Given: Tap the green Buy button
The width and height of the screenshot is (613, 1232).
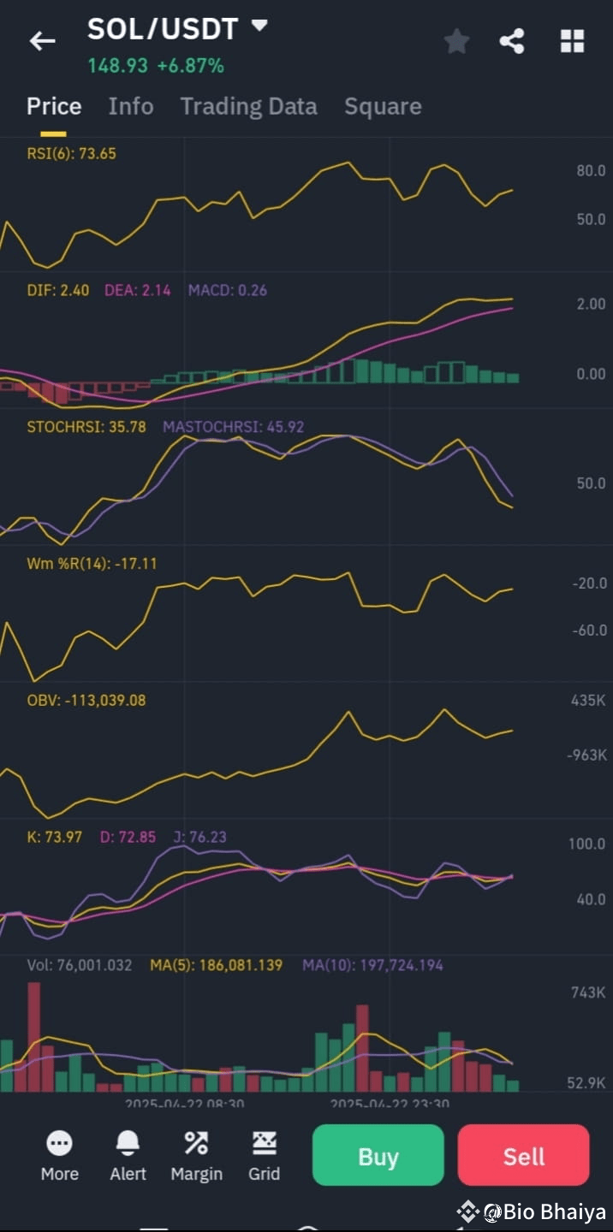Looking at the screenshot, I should tap(378, 1156).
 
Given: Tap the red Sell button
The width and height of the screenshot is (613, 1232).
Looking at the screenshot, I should tap(523, 1156).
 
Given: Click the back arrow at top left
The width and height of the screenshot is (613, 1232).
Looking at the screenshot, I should tap(42, 40).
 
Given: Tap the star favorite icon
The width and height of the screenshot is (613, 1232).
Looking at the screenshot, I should tap(456, 41).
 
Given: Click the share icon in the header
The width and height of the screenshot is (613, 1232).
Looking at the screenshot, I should tap(512, 41).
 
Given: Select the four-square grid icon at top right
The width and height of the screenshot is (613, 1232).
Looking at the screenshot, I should tap(572, 41).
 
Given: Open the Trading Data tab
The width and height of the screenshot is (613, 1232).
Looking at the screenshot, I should tap(248, 106).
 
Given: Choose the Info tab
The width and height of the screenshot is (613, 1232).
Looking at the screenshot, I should tap(130, 106).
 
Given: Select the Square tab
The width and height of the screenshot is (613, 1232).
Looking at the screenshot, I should tap(383, 106).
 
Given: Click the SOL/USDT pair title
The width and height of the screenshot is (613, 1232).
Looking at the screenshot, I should tap(163, 29).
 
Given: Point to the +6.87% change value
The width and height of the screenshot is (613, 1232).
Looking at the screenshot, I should tap(190, 66).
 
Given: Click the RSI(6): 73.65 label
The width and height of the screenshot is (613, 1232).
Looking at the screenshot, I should tap(71, 154).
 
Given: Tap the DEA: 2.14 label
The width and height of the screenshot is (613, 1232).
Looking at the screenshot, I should tap(137, 290).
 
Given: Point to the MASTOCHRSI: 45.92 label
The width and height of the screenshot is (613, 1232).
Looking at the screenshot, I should tap(233, 427).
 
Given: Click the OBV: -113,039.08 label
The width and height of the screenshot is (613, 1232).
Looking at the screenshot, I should tap(86, 701).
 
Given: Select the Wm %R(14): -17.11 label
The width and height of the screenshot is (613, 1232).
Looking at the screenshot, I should tap(92, 564).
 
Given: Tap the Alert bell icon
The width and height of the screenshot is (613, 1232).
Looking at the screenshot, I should tap(128, 1143).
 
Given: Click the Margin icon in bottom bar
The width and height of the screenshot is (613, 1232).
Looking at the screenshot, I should tap(196, 1143).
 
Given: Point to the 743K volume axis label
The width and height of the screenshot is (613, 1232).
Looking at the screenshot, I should tap(587, 992).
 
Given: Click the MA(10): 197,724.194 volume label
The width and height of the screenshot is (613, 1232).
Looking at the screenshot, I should tap(372, 965).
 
